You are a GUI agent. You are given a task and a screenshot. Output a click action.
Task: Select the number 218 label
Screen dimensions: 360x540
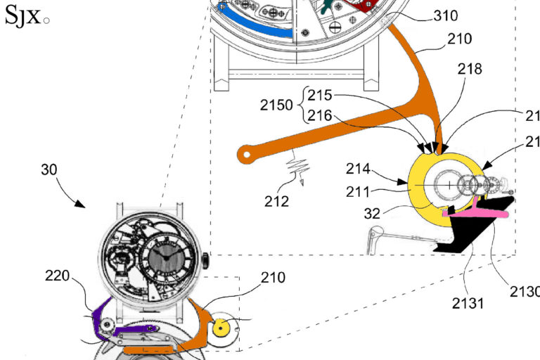(469, 69)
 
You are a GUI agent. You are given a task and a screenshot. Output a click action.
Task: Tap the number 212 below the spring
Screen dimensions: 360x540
(277, 202)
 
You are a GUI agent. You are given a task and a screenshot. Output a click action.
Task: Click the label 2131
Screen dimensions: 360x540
(468, 303)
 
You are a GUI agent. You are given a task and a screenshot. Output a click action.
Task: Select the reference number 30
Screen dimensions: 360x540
(49, 170)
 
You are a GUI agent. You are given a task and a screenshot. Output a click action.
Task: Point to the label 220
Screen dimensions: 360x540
(57, 276)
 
